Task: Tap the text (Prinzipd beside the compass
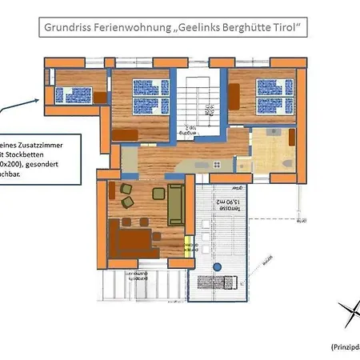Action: click(345, 346)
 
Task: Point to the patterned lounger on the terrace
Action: click(214, 282)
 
